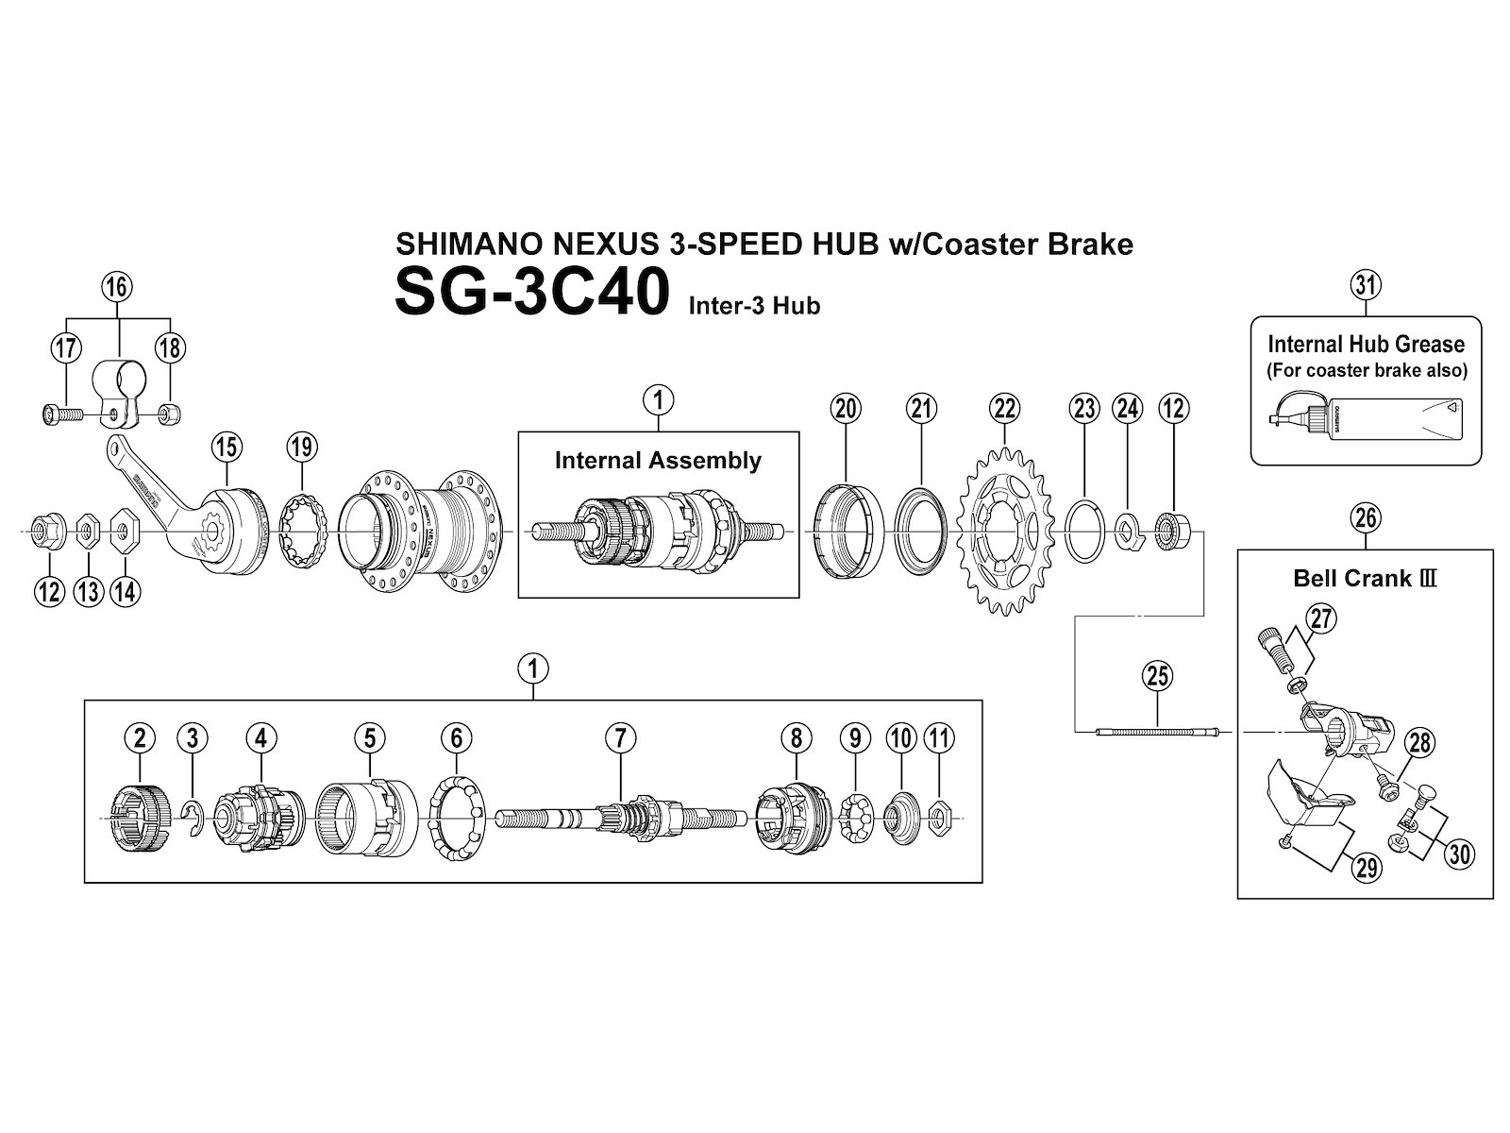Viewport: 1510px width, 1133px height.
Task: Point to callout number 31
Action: click(1366, 283)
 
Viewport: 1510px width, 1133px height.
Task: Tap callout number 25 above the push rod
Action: click(1157, 676)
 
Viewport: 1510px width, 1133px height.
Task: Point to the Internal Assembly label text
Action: click(658, 461)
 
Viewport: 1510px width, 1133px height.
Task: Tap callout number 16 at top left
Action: click(117, 286)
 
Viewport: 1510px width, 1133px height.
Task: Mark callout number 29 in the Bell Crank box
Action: click(1367, 867)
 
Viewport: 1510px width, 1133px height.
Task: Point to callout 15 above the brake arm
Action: click(227, 446)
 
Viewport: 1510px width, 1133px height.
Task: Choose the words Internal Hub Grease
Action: click(1366, 345)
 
